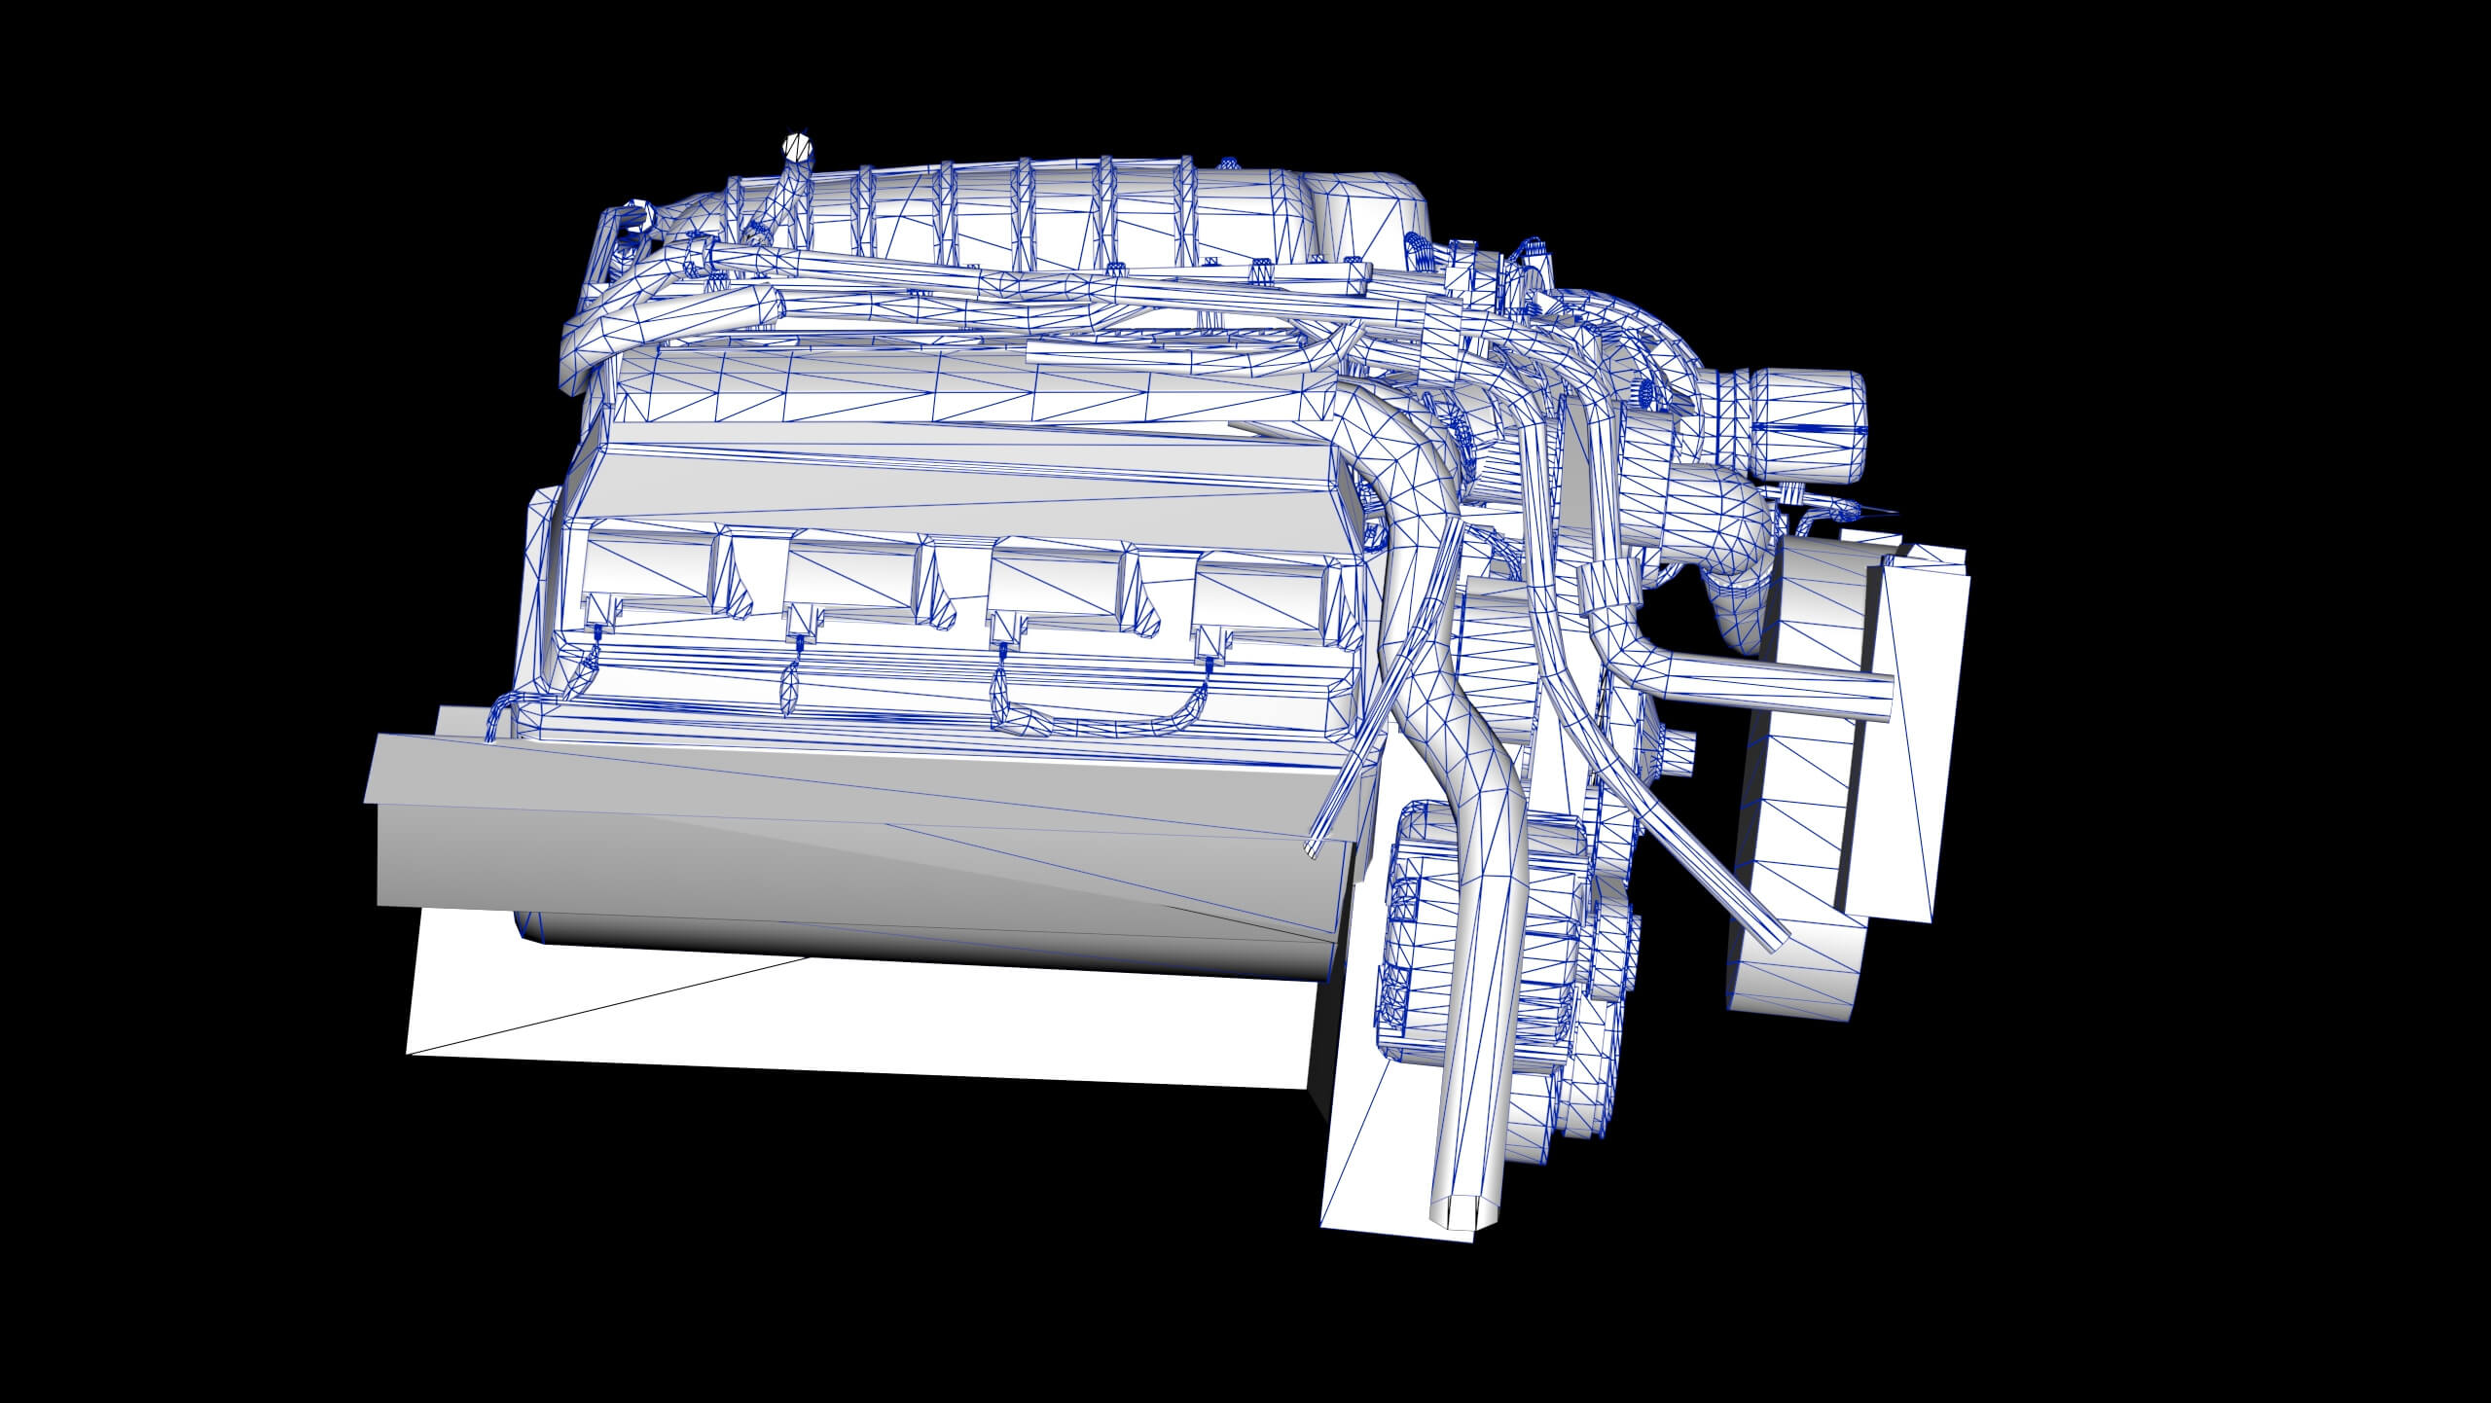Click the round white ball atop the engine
797,148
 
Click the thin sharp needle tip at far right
1893,512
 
